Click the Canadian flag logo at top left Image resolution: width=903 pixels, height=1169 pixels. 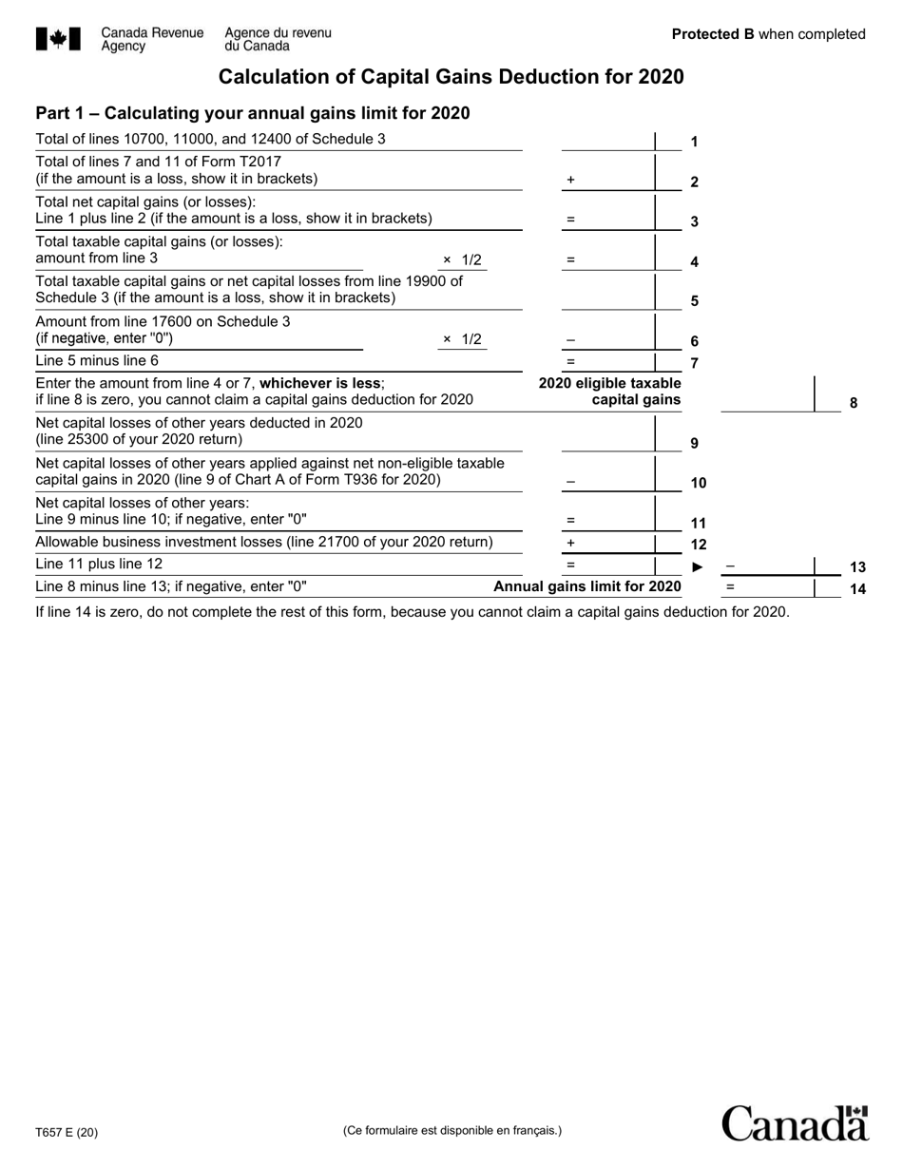pyautogui.click(x=60, y=39)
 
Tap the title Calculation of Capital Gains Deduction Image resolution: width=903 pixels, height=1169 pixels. pyautogui.click(x=451, y=77)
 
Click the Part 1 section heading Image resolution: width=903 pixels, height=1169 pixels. pyautogui.click(x=252, y=114)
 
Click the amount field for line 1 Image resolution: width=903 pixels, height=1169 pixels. pyautogui.click(x=608, y=141)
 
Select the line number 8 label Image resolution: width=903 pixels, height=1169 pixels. pyautogui.click(x=853, y=402)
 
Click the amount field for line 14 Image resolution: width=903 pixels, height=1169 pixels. pyautogui.click(x=768, y=588)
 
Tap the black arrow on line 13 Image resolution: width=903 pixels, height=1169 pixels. pyautogui.click(x=697, y=567)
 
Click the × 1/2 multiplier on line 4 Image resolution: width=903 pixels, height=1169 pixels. pyautogui.click(x=463, y=259)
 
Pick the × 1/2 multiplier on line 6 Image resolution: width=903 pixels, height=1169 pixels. pyautogui.click(x=463, y=339)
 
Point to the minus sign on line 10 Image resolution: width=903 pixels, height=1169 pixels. pyautogui.click(x=570, y=482)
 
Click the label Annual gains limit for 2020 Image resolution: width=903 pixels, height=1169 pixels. pyautogui.click(x=586, y=586)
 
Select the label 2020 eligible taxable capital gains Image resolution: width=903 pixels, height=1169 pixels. pyautogui.click(x=610, y=392)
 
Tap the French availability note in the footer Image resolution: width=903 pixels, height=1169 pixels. pyautogui.click(x=451, y=1130)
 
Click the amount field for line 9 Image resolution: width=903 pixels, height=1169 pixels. pyautogui.click(x=608, y=433)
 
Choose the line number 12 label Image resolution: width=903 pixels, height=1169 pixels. pyautogui.click(x=698, y=545)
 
